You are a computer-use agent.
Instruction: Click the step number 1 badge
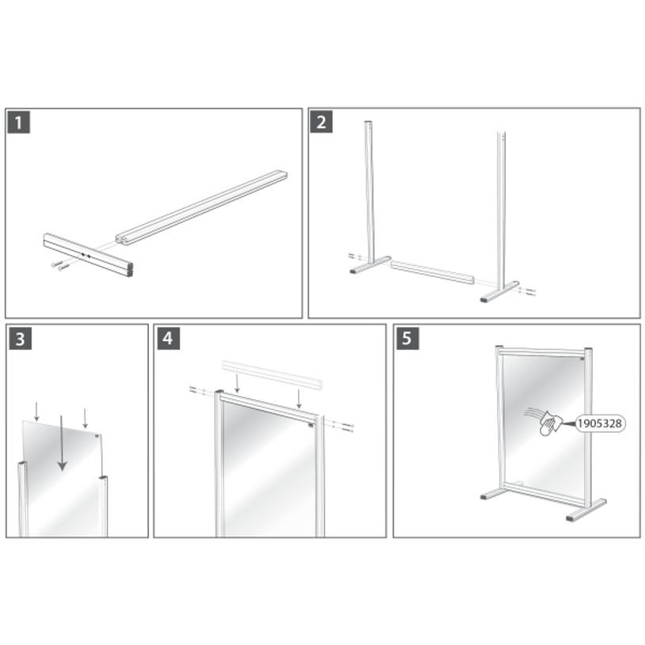coord(18,123)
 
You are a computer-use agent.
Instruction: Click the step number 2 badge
coord(321,123)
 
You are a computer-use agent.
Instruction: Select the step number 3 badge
coord(18,339)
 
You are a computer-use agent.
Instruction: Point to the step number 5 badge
coord(407,339)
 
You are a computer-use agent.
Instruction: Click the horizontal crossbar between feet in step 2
coord(432,273)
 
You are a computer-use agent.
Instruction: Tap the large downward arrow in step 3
coord(63,451)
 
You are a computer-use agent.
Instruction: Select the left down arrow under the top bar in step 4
coord(237,384)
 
